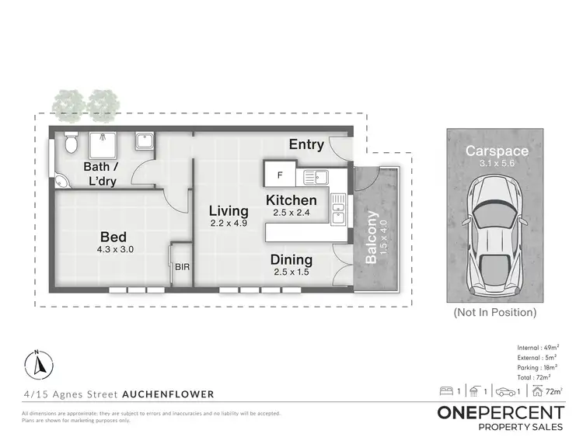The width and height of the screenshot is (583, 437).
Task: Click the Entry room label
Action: point(307,144)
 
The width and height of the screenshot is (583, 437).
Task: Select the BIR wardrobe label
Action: point(182,267)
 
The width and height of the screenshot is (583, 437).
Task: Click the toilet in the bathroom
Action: point(72,143)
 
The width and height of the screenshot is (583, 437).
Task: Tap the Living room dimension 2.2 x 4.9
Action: point(228,224)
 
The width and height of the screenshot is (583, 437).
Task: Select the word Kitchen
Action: point(291,200)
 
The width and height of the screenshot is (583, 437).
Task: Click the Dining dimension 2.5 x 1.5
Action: point(291,272)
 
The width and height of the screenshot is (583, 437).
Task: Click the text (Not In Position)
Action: point(495,313)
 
